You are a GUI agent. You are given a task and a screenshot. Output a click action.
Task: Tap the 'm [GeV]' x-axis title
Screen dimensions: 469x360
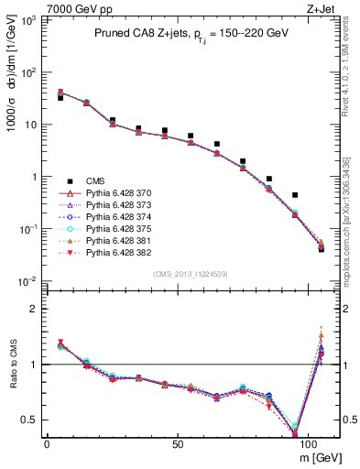tap(318, 456)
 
